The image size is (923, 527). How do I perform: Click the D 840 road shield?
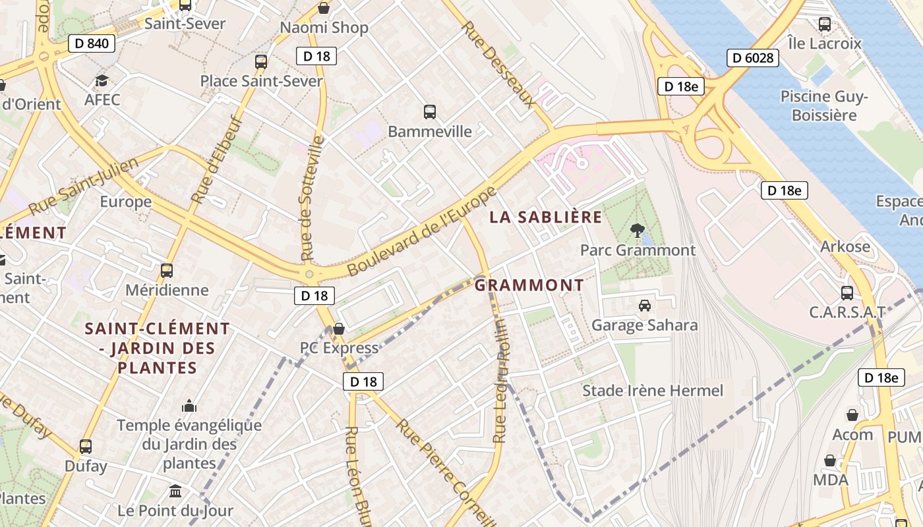[x=92, y=44]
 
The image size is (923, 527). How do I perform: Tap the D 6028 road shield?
[x=753, y=58]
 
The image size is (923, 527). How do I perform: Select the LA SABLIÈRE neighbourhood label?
[x=546, y=217]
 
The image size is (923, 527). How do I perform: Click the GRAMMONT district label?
[x=529, y=285]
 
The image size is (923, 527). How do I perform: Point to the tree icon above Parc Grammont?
[x=637, y=231]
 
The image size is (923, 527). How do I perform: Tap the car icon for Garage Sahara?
[x=645, y=306]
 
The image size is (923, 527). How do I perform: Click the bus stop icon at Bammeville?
[x=430, y=112]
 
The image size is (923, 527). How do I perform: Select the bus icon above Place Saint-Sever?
[x=261, y=62]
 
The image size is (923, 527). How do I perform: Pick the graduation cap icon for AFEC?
[x=102, y=80]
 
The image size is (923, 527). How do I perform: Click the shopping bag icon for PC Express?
[x=339, y=328]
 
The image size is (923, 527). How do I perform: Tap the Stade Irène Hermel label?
[x=652, y=391]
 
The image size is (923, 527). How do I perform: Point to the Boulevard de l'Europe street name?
[x=421, y=232]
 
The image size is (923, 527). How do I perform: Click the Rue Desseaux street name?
[x=498, y=64]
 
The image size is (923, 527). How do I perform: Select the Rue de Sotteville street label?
[x=313, y=198]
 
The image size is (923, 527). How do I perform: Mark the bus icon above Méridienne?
[x=167, y=271]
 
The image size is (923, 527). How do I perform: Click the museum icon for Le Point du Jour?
[x=175, y=491]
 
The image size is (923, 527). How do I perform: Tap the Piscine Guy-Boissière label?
[x=824, y=106]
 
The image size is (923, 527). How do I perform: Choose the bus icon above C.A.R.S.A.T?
[x=847, y=293]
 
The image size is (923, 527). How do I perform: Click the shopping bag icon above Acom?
[x=852, y=415]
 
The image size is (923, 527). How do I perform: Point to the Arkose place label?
[x=845, y=247]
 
